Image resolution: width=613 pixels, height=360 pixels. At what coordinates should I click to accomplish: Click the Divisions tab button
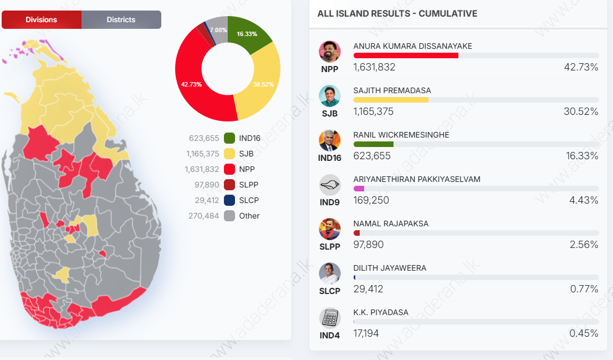42,19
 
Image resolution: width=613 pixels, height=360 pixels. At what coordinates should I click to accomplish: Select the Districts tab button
121,19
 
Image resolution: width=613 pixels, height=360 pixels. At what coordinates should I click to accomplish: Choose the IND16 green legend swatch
229,138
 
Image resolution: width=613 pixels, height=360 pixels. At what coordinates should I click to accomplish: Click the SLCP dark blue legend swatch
229,200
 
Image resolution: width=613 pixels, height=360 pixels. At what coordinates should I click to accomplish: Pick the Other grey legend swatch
229,216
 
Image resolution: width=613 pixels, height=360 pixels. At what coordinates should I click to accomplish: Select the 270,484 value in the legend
203,216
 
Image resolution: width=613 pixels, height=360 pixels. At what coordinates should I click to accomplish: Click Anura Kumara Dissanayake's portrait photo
330,52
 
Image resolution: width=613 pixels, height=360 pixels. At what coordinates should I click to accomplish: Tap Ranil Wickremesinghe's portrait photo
330,140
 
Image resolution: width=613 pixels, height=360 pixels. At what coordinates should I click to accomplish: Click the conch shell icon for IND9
330,185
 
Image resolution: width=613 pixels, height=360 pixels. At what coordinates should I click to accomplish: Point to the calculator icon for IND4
330,318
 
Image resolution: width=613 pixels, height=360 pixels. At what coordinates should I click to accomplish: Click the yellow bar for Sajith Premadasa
391,100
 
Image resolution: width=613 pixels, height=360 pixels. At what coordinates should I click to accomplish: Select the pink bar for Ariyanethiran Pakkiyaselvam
359,189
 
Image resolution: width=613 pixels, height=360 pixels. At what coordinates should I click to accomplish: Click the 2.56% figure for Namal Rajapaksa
584,245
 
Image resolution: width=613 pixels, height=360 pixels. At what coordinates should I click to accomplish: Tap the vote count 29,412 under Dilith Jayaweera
368,289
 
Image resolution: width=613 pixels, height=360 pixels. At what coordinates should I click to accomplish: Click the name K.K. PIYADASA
381,312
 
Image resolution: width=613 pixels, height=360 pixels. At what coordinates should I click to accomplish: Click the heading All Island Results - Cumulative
397,14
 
